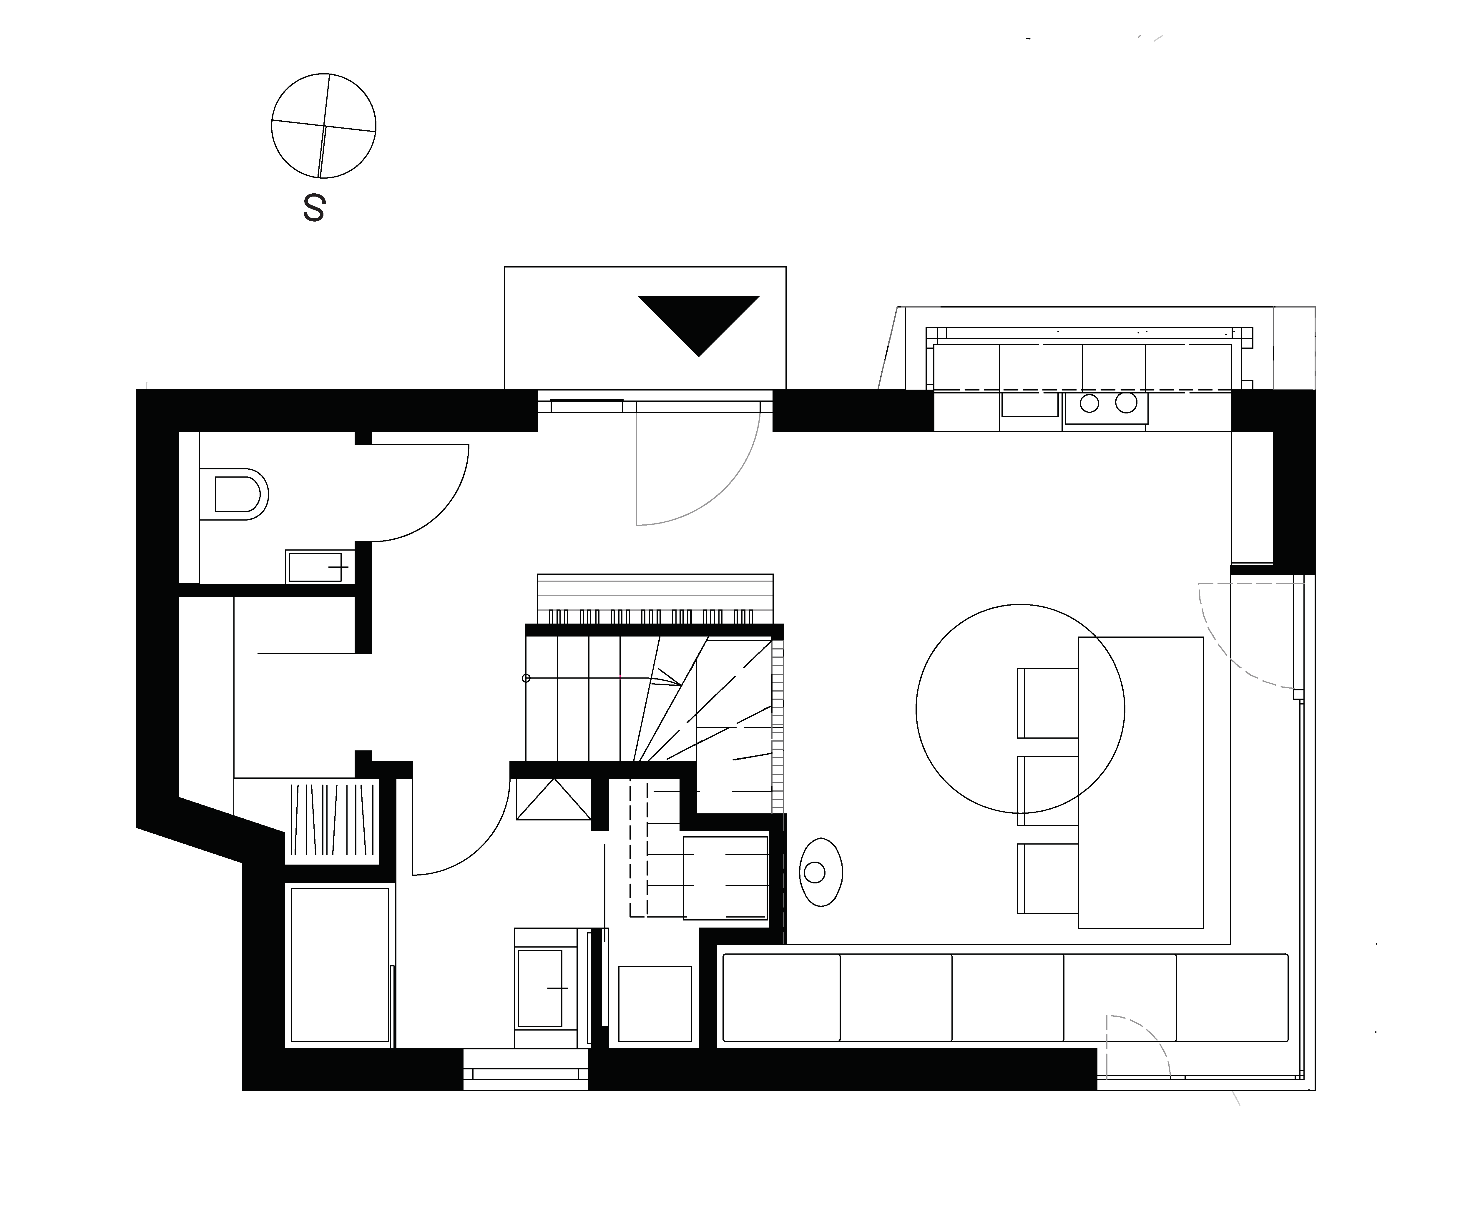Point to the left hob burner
pos(1089,403)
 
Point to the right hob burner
pos(1126,403)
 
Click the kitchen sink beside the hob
pos(1030,405)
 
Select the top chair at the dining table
pos(1048,703)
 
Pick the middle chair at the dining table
pos(1048,791)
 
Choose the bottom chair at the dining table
pos(1048,879)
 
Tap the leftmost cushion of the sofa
pos(781,998)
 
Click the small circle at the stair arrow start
pos(526,678)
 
